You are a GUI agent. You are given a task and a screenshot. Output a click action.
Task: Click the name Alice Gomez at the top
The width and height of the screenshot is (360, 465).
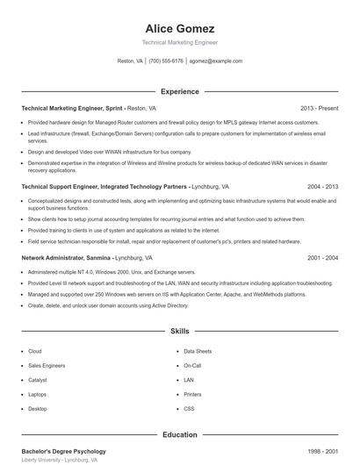click(x=179, y=28)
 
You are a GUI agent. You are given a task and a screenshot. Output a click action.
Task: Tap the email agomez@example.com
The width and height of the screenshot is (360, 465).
click(x=215, y=61)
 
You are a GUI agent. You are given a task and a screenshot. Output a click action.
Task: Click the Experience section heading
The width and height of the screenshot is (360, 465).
click(x=179, y=91)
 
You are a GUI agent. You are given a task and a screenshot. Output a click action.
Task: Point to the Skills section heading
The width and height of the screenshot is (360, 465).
click(x=179, y=332)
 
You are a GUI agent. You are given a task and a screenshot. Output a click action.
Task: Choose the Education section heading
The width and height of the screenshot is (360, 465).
click(x=179, y=434)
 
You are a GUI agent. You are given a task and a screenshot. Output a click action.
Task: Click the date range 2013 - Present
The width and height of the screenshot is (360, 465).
click(x=319, y=108)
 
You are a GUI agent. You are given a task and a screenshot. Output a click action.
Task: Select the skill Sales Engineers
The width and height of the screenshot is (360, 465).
click(x=47, y=365)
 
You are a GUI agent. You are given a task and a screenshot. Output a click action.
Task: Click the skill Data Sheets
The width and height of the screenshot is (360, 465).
click(x=198, y=351)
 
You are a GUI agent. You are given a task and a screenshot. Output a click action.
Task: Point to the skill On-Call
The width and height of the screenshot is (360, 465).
click(x=192, y=365)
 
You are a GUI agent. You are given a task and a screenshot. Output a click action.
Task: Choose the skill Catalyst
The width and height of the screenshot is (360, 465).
click(x=38, y=380)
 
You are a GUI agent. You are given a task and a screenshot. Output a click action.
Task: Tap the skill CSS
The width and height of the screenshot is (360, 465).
click(x=189, y=409)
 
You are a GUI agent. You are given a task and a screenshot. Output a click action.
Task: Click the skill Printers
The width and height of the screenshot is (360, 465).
click(x=192, y=395)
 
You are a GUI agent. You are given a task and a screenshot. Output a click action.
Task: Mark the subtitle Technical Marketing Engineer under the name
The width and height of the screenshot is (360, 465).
click(x=179, y=42)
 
